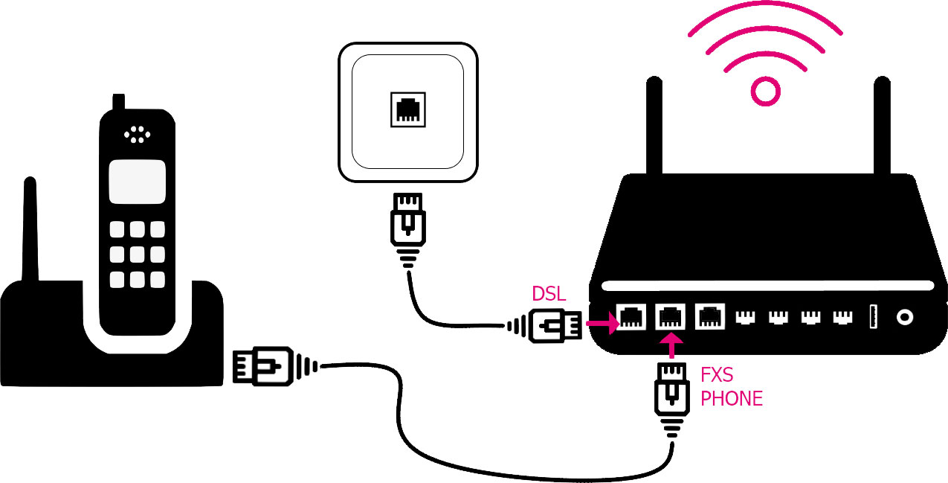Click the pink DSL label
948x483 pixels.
pyautogui.click(x=549, y=294)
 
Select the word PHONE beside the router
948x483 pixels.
pyautogui.click(x=732, y=398)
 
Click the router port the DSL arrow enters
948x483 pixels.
pyautogui.click(x=631, y=318)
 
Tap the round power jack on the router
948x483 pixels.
pyautogui.click(x=904, y=317)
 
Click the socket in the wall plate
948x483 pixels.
pyautogui.click(x=407, y=110)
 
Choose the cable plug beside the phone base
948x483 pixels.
pyautogui.click(x=257, y=365)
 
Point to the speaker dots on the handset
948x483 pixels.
pyautogui.click(x=137, y=135)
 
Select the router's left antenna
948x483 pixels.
pyautogui.click(x=654, y=127)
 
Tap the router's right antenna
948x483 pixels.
pyautogui.click(x=882, y=127)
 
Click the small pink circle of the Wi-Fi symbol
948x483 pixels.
pyautogui.click(x=766, y=91)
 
